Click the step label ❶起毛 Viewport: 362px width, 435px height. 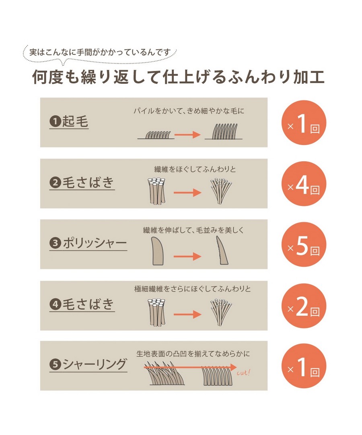(69, 122)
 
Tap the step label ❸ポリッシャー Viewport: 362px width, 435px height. (88, 243)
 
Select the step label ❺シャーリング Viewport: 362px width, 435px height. (88, 364)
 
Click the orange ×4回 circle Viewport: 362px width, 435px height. (304, 184)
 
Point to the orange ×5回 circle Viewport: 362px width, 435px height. (304, 244)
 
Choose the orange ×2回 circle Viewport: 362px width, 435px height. (304, 306)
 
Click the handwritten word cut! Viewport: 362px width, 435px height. (243, 373)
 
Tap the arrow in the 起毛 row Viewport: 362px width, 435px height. (187, 135)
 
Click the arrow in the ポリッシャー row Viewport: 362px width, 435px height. (187, 256)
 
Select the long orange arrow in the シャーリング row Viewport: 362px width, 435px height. (190, 367)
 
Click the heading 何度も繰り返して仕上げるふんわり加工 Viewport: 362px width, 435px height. (178, 77)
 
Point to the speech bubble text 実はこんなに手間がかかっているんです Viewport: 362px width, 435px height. (100, 52)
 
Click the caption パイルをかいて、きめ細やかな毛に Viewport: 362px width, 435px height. (189, 111)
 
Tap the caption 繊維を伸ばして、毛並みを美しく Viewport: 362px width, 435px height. (193, 230)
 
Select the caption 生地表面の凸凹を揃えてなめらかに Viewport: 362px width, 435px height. (193, 354)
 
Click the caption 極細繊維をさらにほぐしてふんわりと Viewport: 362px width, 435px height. (193, 289)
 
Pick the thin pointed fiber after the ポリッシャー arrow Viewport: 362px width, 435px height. (222, 250)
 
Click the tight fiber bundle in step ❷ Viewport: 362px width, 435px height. (157, 191)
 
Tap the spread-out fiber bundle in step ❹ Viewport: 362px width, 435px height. (221, 312)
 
